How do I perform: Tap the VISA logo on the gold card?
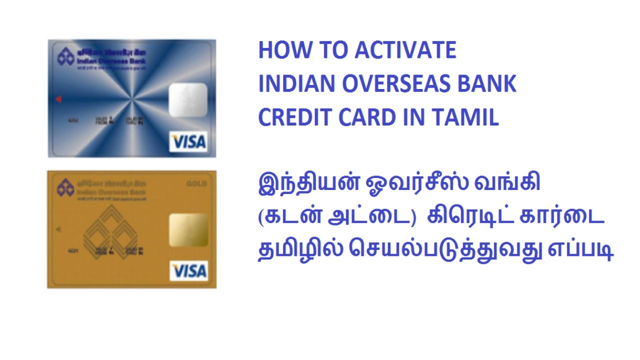[188, 270]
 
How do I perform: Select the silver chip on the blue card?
[188, 100]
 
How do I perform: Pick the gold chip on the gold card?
[188, 230]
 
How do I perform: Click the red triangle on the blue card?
[58, 99]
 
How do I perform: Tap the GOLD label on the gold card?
[196, 183]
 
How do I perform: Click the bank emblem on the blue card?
[65, 57]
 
